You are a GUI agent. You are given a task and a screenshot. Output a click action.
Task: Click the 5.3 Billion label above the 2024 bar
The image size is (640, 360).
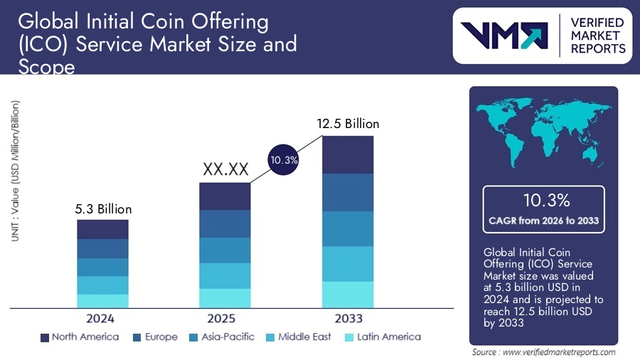[104, 209]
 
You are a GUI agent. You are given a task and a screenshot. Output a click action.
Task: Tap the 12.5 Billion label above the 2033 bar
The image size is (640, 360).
[348, 124]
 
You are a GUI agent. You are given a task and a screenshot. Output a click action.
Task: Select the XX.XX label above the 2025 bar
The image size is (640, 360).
[225, 169]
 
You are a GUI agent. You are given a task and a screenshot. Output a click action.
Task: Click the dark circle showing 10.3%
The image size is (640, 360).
[283, 161]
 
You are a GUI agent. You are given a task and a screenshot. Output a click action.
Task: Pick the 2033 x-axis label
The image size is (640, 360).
[348, 318]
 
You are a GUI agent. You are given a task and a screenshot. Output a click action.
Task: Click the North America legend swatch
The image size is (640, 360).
[45, 337]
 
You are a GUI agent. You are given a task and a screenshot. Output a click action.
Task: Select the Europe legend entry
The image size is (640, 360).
[154, 337]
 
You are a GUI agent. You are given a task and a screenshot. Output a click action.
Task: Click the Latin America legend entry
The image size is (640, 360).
[381, 337]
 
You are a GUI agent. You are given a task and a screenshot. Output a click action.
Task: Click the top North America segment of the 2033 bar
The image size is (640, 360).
[348, 154]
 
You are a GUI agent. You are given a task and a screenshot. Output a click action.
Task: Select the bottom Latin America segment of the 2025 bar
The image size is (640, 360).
[225, 298]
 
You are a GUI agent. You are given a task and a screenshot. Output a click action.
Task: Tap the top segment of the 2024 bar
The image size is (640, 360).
[103, 229]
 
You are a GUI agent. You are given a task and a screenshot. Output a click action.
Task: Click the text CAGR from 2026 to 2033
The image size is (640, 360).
[543, 221]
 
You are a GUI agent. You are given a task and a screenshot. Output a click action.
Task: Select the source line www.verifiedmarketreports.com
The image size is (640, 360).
[544, 351]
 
